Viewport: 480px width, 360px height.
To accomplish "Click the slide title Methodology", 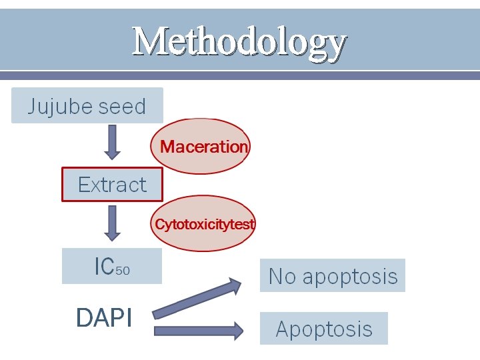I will tap(239, 42).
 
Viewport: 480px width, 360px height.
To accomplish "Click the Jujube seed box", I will tap(87, 106).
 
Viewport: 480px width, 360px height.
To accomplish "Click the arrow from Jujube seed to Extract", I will tap(113, 141).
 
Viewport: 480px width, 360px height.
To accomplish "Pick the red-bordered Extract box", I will tap(112, 184).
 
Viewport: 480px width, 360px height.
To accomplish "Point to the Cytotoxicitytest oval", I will tap(204, 224).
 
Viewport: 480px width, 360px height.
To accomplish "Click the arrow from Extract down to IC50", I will tap(113, 223).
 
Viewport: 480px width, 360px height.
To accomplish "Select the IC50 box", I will tap(112, 266).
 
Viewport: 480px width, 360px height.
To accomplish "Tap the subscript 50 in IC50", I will tap(123, 270).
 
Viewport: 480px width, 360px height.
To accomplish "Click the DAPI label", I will tap(104, 318).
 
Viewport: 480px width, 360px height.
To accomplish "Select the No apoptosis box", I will tap(332, 276).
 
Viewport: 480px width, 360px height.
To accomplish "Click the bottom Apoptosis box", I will tap(323, 329).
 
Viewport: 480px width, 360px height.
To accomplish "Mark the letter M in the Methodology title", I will tap(148, 41).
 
